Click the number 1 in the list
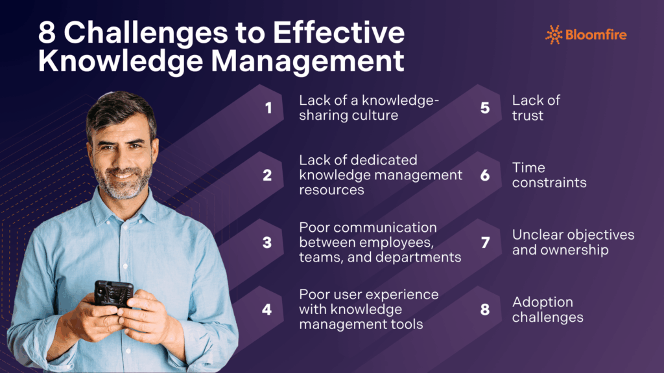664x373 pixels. pyautogui.click(x=268, y=108)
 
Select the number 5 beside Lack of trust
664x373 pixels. pyautogui.click(x=485, y=108)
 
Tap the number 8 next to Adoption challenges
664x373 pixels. pyautogui.click(x=485, y=310)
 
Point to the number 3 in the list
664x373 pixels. pyautogui.click(x=267, y=242)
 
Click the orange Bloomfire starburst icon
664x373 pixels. pyautogui.click(x=553, y=34)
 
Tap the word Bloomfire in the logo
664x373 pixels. pyautogui.click(x=596, y=35)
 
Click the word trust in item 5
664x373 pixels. pyautogui.click(x=528, y=116)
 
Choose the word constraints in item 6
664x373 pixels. pyautogui.click(x=549, y=183)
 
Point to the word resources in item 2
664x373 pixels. pyautogui.click(x=331, y=190)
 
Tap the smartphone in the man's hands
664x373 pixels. pyautogui.click(x=113, y=293)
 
